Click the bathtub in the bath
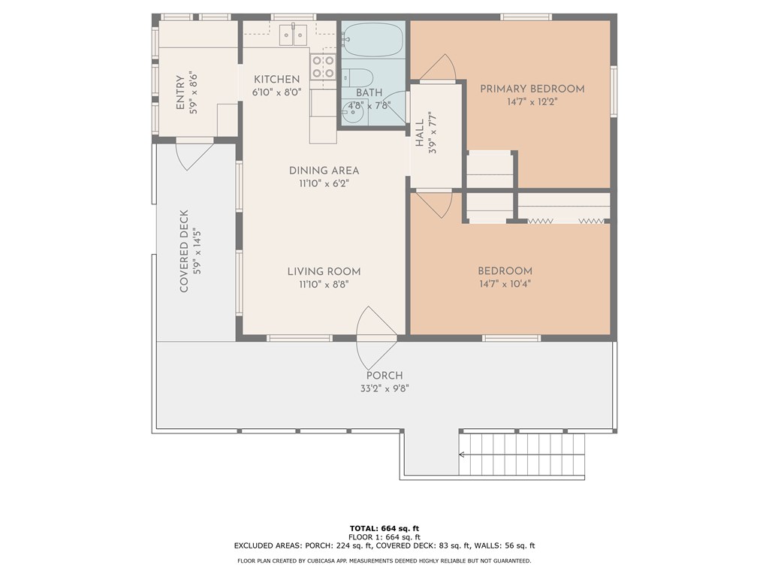click(373, 39)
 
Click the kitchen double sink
click(293, 35)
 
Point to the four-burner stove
click(323, 67)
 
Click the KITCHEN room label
click(276, 79)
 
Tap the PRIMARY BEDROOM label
click(532, 89)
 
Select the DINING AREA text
click(324, 171)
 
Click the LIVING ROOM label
click(324, 271)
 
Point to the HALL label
click(419, 133)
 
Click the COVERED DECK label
click(184, 251)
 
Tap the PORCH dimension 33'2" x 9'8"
click(384, 388)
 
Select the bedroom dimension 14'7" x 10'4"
click(505, 283)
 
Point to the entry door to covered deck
click(195, 155)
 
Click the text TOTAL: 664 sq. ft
click(384, 528)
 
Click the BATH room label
click(369, 92)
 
